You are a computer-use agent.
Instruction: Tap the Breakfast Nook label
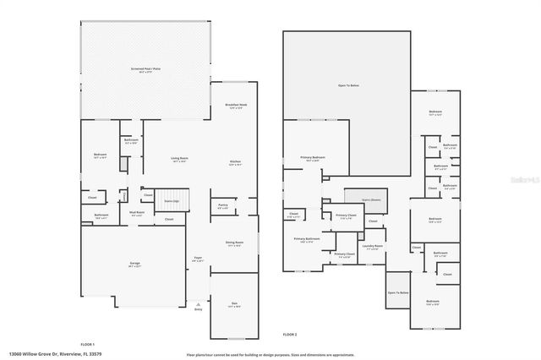(237, 106)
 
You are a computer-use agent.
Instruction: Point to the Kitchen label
(237, 162)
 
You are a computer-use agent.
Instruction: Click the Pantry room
(223, 205)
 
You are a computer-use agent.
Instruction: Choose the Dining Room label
(234, 244)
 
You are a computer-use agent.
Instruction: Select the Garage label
(134, 265)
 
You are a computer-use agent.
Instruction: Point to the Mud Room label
(136, 213)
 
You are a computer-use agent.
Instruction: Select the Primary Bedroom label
(314, 158)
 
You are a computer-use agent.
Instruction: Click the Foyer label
(198, 259)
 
